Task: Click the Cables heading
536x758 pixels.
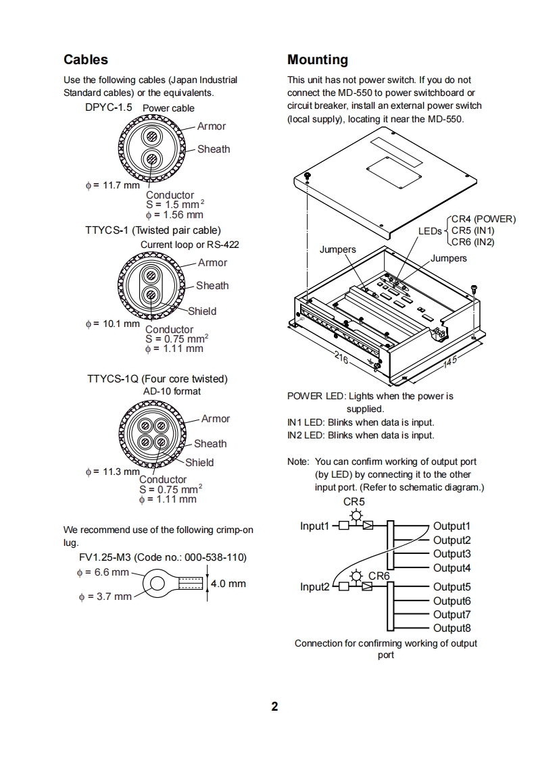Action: click(x=85, y=60)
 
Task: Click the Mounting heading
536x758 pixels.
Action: click(x=318, y=60)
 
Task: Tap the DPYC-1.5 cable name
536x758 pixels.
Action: click(x=108, y=107)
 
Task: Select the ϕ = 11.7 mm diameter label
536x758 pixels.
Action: click(x=112, y=185)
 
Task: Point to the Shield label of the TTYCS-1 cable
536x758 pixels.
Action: click(x=202, y=311)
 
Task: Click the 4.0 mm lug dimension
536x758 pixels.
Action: click(x=228, y=584)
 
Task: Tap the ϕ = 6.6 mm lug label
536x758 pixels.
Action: click(x=102, y=572)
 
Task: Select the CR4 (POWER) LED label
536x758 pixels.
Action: click(x=483, y=219)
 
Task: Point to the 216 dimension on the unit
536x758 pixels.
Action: click(x=342, y=357)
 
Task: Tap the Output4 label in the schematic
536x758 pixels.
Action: click(x=452, y=568)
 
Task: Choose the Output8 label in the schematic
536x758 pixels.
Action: click(x=452, y=628)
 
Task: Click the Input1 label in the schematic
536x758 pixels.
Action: click(x=315, y=526)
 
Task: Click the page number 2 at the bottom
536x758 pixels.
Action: click(x=274, y=707)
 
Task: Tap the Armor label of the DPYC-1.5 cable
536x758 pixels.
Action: click(x=212, y=126)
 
